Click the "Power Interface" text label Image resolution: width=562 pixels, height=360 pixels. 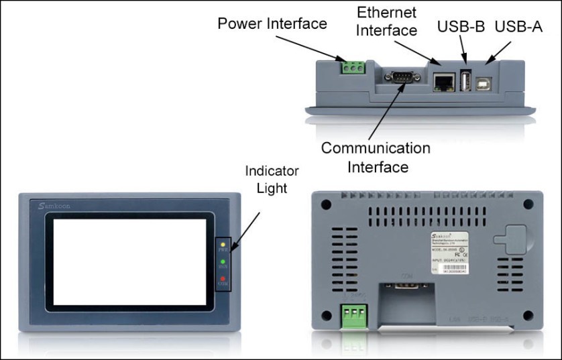coord(272,24)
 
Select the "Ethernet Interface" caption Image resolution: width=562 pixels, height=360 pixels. coord(386,21)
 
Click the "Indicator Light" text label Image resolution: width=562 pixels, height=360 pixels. coord(272,179)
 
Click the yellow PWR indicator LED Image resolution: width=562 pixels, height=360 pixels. coord(223,245)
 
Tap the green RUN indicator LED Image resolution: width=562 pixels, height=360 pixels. coord(223,262)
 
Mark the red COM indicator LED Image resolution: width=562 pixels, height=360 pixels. coord(223,278)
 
